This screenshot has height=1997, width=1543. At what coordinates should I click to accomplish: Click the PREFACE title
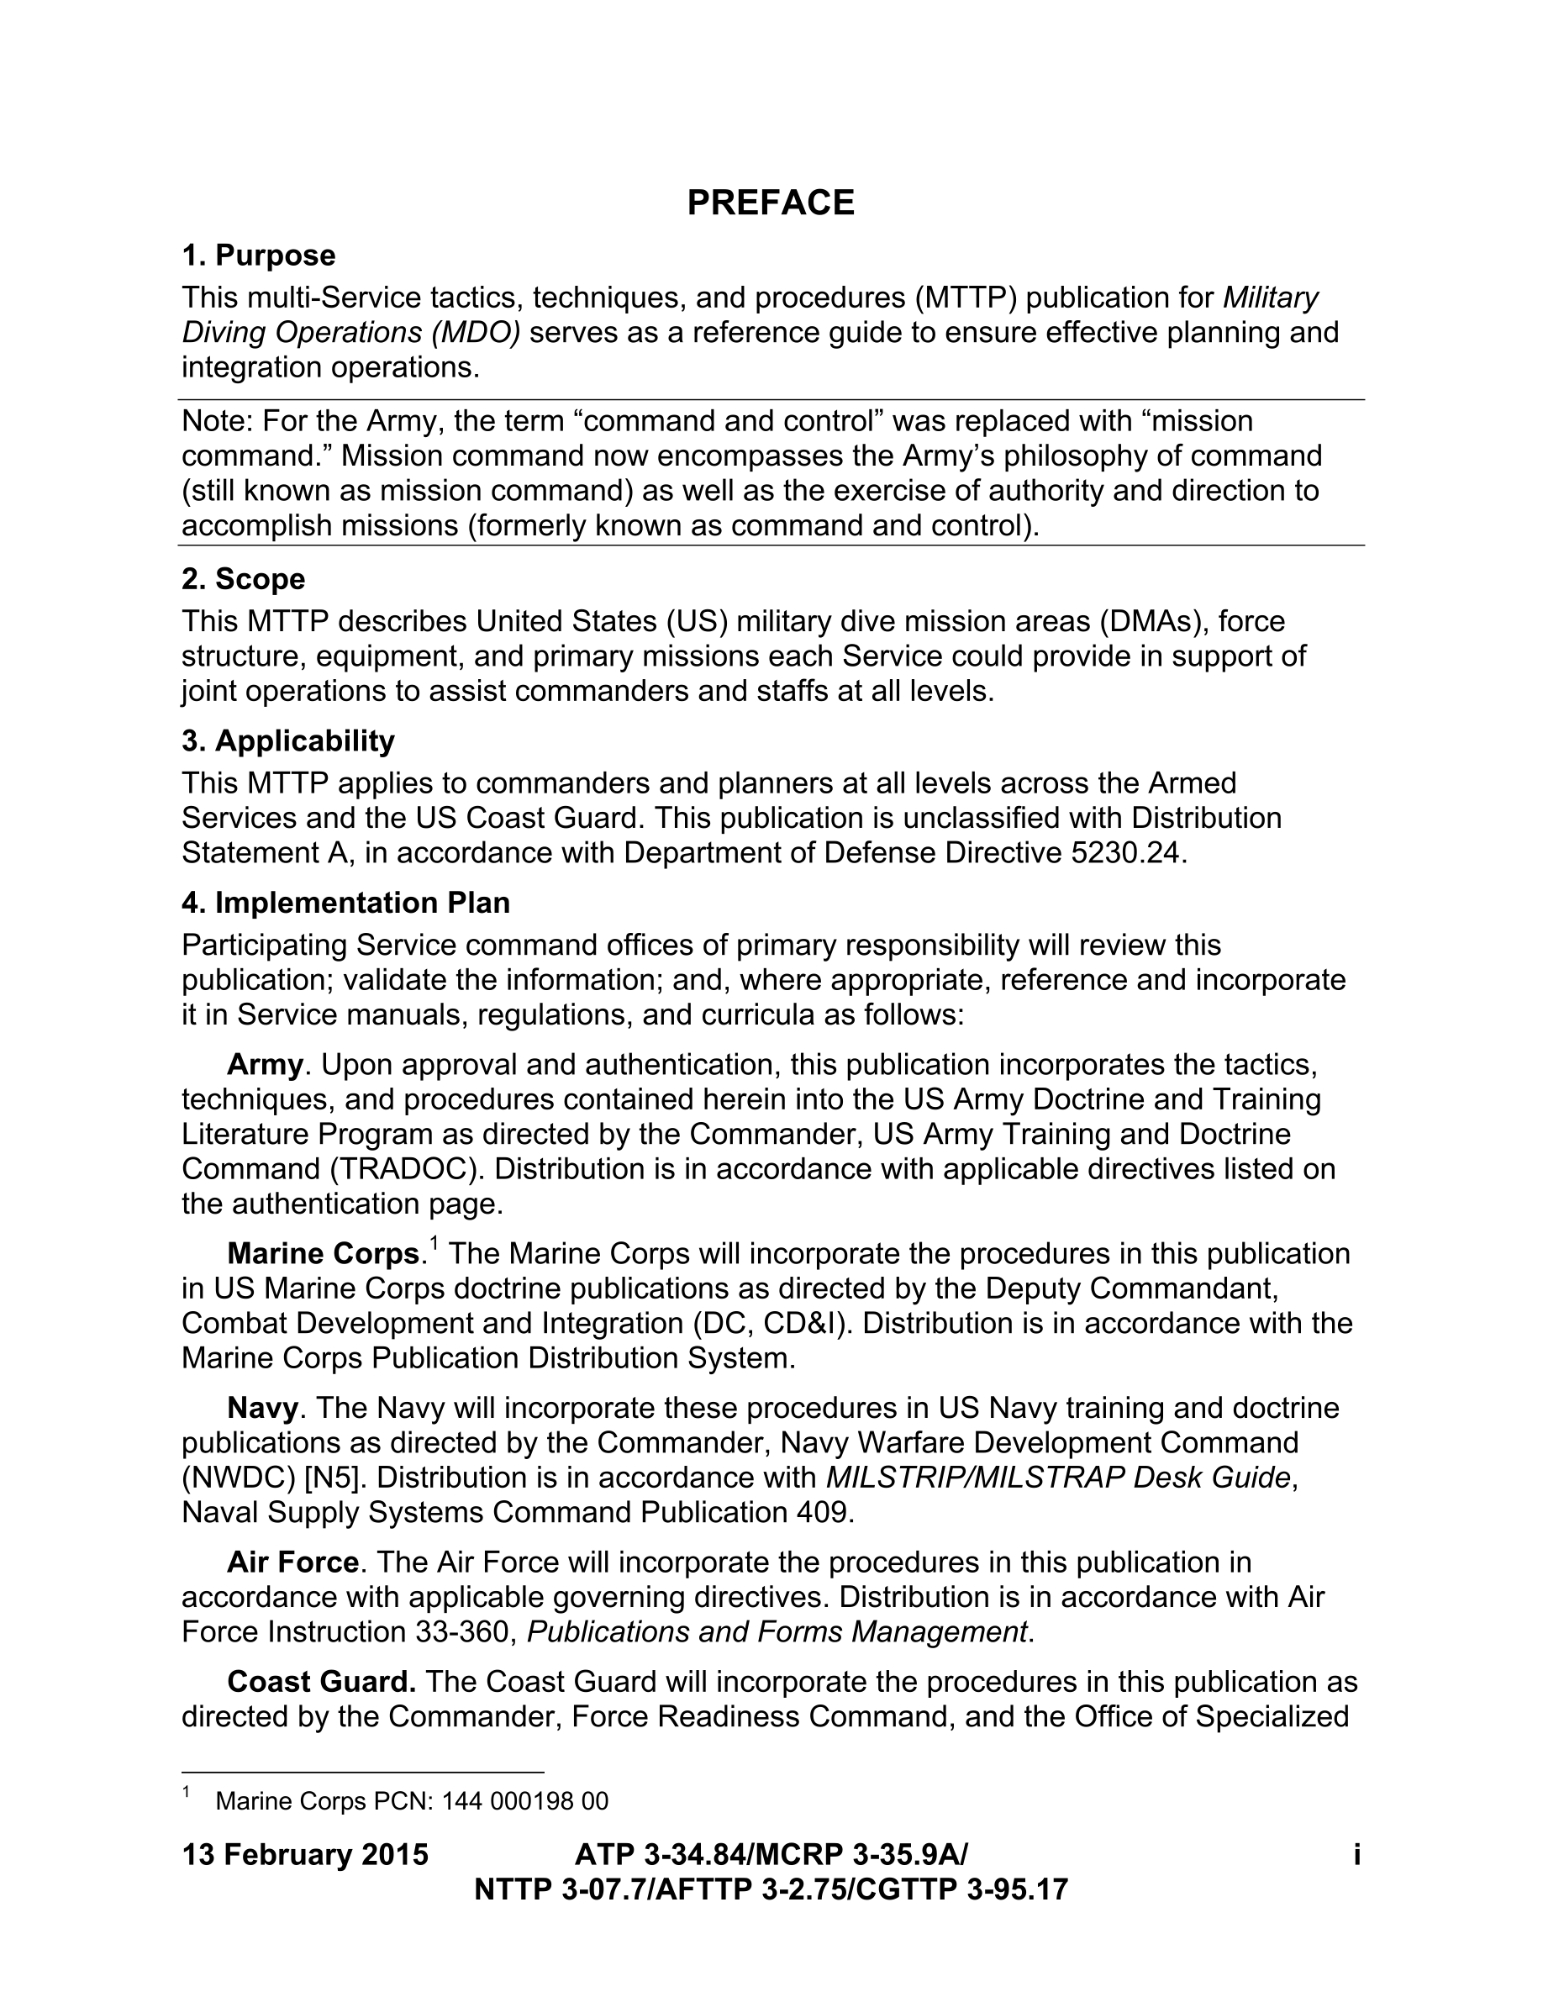coord(771,202)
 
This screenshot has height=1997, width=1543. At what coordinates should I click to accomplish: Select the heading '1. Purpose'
coord(259,256)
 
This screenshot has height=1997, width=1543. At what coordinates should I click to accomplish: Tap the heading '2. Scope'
coord(243,579)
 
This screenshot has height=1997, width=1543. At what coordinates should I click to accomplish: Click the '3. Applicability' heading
coord(288,740)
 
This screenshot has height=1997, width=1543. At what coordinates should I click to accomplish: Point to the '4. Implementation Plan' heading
coord(345,903)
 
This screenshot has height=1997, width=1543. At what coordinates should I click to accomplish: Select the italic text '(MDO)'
coord(476,333)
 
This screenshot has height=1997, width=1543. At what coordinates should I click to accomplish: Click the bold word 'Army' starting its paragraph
coord(265,1064)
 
